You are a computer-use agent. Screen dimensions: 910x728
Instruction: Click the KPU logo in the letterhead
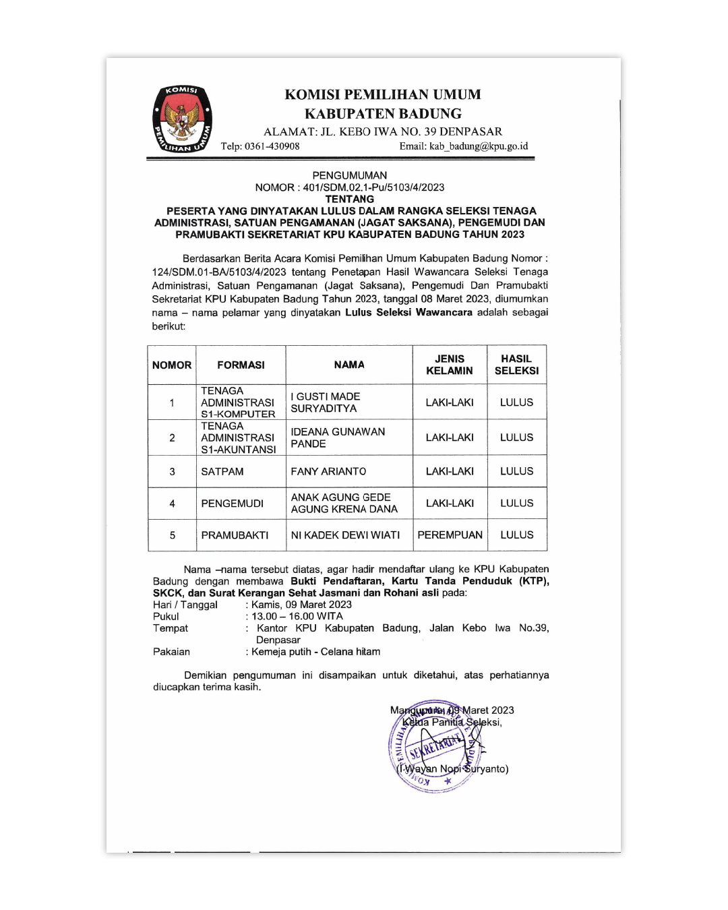(183, 119)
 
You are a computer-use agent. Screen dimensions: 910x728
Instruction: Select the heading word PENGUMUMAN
(349, 175)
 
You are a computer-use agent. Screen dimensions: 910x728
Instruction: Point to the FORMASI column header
(241, 365)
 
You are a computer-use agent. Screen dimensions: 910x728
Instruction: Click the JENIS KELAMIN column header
(450, 365)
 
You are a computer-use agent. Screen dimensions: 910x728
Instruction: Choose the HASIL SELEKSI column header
(516, 365)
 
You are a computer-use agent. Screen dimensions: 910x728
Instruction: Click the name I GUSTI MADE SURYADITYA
(325, 402)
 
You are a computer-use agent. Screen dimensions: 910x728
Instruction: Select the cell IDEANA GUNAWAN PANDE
(338, 437)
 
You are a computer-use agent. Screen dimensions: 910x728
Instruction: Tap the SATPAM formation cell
(222, 471)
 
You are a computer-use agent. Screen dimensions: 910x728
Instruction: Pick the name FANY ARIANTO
(328, 471)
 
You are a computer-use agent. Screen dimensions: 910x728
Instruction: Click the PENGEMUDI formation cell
(233, 504)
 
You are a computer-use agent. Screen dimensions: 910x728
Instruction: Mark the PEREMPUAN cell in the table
(450, 535)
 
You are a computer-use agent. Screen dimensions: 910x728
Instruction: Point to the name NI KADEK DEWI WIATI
(345, 535)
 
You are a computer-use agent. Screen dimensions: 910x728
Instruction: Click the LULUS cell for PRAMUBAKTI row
(516, 535)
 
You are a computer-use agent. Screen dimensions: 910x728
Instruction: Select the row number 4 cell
(172, 504)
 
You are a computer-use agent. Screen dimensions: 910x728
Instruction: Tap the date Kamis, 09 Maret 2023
(301, 605)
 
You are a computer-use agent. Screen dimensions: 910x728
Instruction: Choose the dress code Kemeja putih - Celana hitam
(315, 652)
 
